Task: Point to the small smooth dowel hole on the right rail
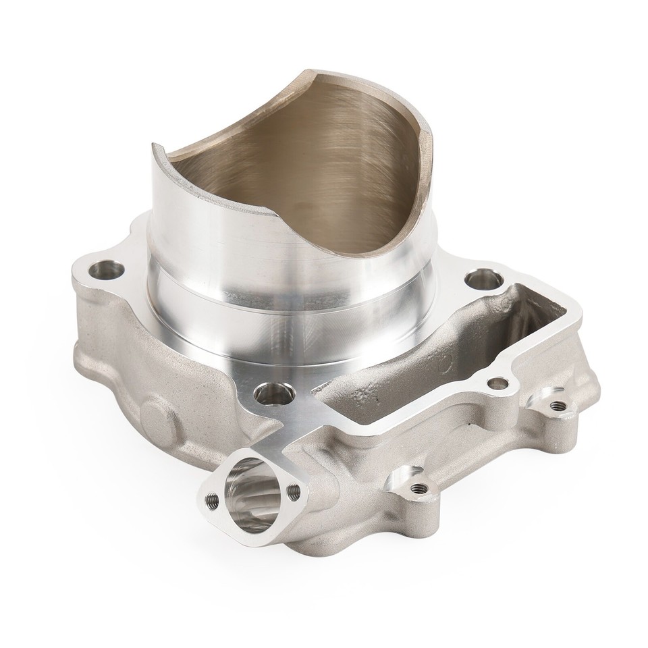pyautogui.click(x=498, y=383)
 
